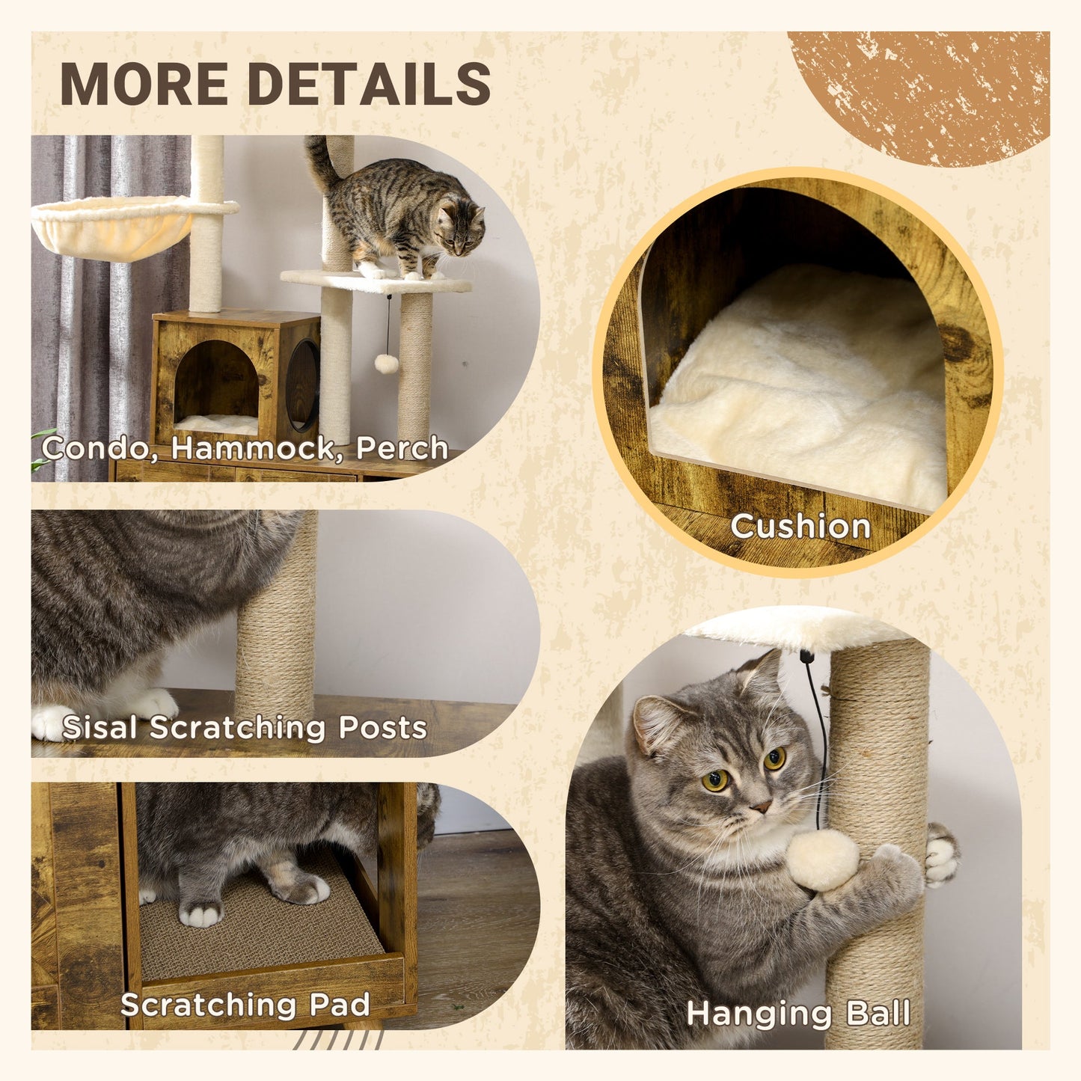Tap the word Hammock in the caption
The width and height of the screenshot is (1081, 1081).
pos(251,448)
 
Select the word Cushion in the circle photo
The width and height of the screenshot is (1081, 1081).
pos(800,526)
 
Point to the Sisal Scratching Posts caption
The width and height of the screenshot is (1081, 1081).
pos(245,727)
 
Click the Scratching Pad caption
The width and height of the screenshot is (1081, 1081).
pos(245,1005)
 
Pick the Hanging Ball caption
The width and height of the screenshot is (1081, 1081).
pos(798,1014)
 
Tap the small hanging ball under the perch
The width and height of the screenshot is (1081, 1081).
pos(386,364)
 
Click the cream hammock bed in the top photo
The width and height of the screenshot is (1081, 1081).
pos(112,228)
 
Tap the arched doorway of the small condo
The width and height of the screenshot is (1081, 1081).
pos(217,385)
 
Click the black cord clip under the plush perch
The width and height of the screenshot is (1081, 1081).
pos(806,657)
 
